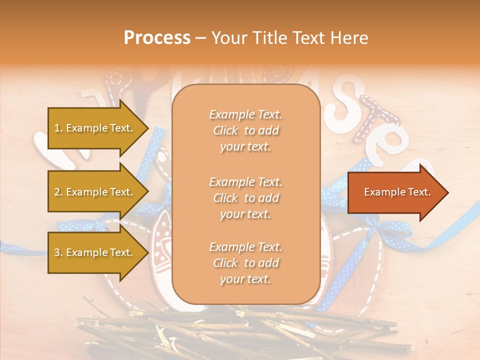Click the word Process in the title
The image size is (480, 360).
(157, 37)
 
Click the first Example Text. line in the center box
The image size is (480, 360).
(245, 114)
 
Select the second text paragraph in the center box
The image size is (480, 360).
(245, 197)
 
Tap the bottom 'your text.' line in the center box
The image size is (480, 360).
(245, 279)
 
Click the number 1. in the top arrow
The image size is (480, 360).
(58, 128)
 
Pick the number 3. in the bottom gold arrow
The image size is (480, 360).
(58, 252)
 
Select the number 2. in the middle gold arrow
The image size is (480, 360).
(58, 192)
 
